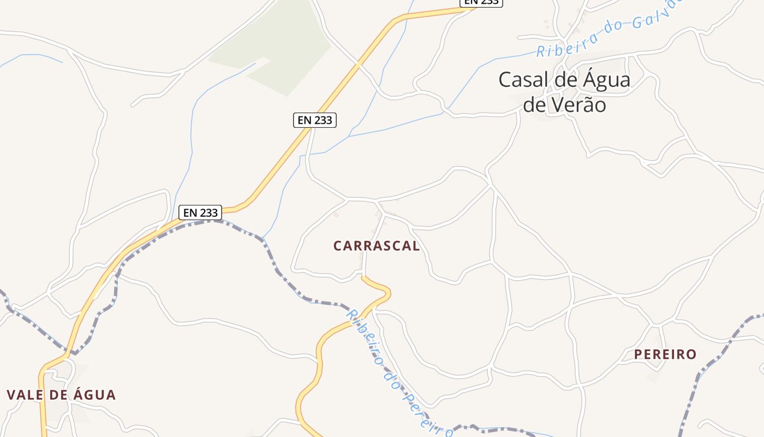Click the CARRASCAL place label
(377, 246)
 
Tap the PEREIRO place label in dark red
(665, 355)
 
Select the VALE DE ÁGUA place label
(61, 395)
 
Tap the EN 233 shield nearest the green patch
(315, 120)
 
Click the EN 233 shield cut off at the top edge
(481, 2)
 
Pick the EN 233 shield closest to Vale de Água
(200, 212)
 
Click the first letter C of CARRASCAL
(337, 246)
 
